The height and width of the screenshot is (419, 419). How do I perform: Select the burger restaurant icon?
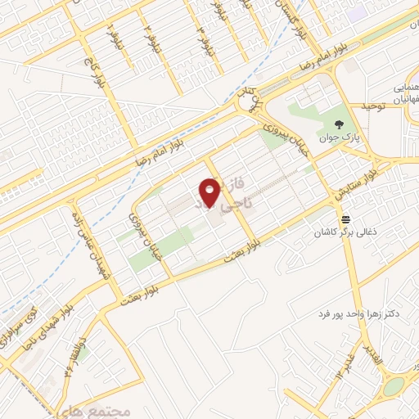pos(347,219)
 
